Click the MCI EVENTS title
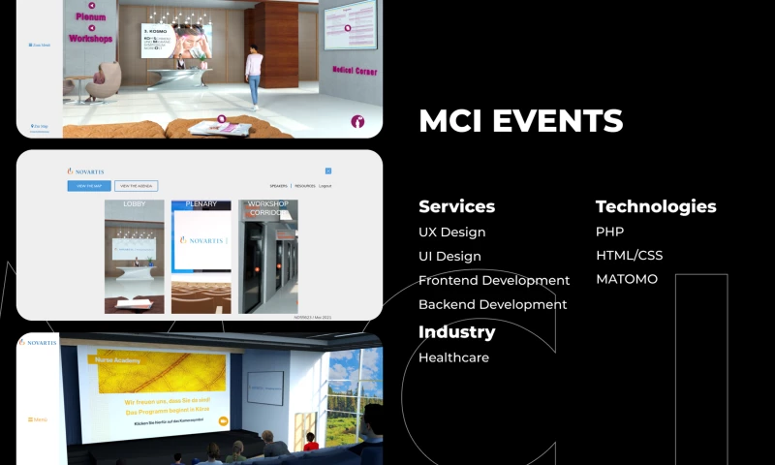click(x=520, y=121)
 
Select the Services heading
click(x=456, y=206)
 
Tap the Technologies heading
click(x=656, y=206)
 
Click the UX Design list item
click(x=451, y=232)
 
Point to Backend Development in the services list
click(x=492, y=304)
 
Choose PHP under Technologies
click(x=609, y=232)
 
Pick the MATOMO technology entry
click(x=626, y=279)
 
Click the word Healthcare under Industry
click(x=453, y=357)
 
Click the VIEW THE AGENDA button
click(x=136, y=186)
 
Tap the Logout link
click(x=325, y=186)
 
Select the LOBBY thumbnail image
click(x=134, y=257)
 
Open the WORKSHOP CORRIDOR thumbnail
click(x=268, y=257)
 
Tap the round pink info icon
click(x=358, y=122)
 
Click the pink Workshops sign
click(x=91, y=39)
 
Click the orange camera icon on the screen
click(x=223, y=421)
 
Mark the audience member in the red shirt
click(x=311, y=443)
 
